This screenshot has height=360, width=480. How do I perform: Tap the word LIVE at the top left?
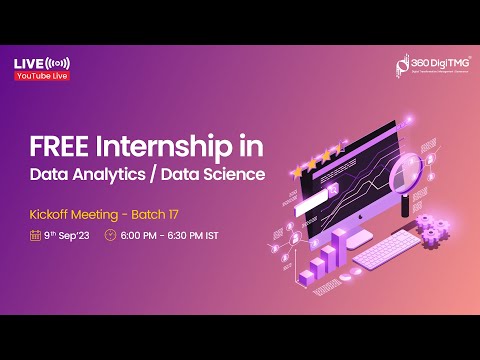coord(27,63)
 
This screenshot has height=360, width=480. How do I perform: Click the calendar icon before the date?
coord(36,236)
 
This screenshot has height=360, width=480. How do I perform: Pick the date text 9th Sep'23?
coord(67,236)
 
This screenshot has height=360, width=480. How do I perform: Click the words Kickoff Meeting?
coord(73,214)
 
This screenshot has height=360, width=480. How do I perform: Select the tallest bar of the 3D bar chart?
coord(339,246)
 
